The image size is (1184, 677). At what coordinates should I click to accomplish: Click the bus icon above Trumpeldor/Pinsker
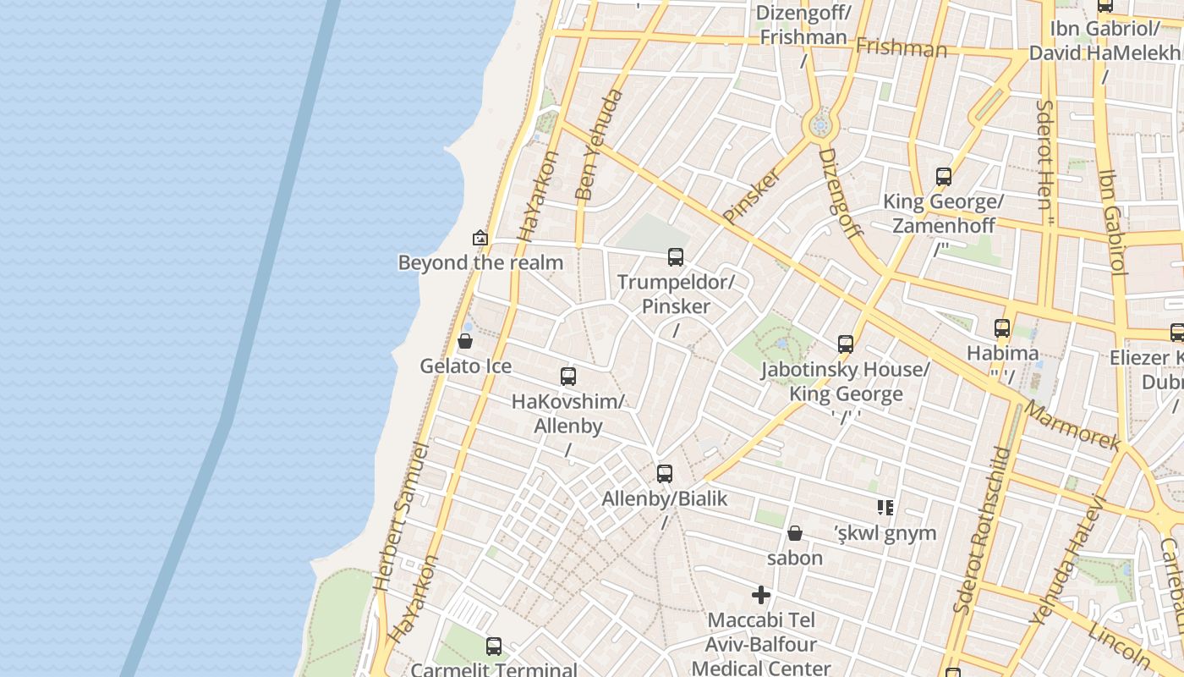[675, 256]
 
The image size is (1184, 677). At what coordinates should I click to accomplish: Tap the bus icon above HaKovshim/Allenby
[568, 377]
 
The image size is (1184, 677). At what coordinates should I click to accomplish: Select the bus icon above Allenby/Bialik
[665, 474]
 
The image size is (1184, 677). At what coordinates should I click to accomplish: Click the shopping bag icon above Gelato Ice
[464, 342]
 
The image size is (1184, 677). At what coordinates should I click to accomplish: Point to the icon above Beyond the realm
[480, 238]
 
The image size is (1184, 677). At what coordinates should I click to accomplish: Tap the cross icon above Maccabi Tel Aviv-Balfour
[761, 595]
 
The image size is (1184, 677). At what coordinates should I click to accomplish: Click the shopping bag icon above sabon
[795, 533]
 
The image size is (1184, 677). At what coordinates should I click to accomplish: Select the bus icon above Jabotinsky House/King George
[846, 344]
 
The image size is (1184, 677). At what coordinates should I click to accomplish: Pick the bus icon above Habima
[1002, 328]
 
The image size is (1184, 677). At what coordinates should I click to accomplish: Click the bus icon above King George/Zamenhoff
[944, 177]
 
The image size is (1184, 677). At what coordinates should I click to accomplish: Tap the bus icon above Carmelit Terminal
[494, 647]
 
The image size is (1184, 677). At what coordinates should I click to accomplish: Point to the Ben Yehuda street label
[598, 145]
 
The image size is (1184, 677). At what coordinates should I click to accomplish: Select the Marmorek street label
[1072, 426]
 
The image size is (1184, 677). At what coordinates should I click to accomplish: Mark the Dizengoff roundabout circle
[819, 127]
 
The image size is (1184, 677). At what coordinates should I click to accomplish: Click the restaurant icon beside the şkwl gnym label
[885, 508]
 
